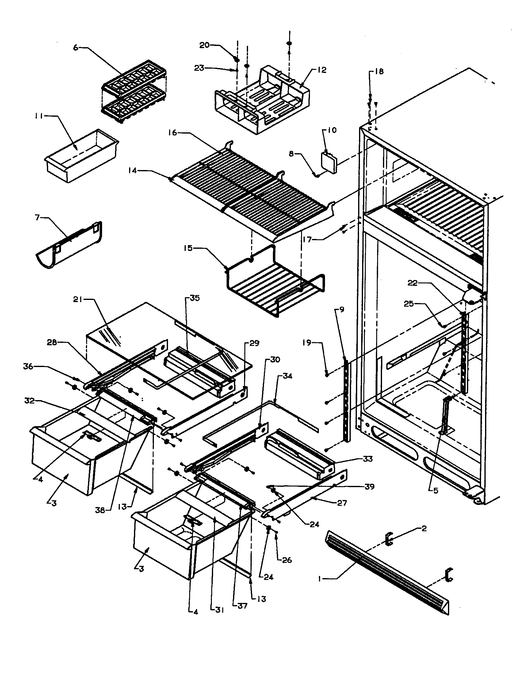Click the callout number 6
coord(75,47)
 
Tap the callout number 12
coord(321,70)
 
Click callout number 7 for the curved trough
coord(38,218)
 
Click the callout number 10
coord(332,130)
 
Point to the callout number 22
coord(413,283)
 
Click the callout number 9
coord(341,309)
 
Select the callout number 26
coord(287,560)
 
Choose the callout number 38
coord(100,510)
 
